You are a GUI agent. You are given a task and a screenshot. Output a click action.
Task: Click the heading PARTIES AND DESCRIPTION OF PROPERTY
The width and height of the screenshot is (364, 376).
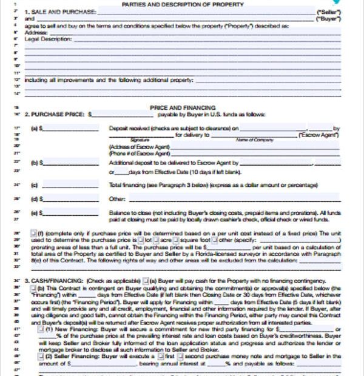click(x=183, y=4)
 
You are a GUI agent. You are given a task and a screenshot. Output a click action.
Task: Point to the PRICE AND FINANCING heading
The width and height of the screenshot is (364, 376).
click(x=183, y=107)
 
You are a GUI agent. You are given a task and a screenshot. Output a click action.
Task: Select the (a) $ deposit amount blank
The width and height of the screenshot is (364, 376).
click(x=70, y=129)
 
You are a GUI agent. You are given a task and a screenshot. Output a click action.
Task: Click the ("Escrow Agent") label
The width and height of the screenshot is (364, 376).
click(x=318, y=136)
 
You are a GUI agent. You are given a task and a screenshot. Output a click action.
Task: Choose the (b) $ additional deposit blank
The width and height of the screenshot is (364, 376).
click(x=70, y=163)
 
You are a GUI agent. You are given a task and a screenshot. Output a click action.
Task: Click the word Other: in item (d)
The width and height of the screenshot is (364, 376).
click(x=116, y=198)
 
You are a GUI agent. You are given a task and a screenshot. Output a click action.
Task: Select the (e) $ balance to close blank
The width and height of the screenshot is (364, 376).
click(x=70, y=213)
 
